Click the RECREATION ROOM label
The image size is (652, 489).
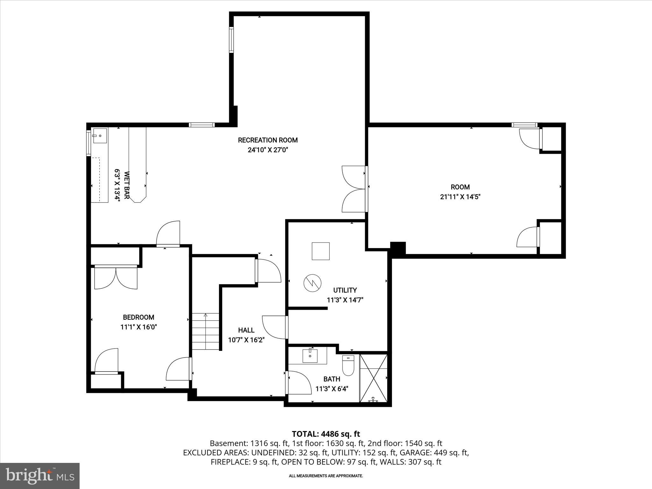[x=268, y=140]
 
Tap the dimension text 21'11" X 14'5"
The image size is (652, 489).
[x=460, y=197]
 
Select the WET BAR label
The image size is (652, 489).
[x=126, y=185]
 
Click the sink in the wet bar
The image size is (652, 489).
[x=100, y=136]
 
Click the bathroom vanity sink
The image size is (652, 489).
[x=310, y=356]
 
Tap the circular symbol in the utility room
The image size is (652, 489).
[x=312, y=282]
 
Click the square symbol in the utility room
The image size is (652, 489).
[x=321, y=251]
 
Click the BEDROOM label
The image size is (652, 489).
[x=138, y=317]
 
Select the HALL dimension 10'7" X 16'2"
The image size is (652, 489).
[x=246, y=340]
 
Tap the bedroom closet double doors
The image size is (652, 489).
[x=116, y=278]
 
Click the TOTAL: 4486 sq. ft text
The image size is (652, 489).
[x=326, y=434]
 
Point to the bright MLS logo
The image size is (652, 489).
[x=40, y=476]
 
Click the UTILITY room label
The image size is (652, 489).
[x=345, y=290]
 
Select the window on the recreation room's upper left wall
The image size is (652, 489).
[x=231, y=40]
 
